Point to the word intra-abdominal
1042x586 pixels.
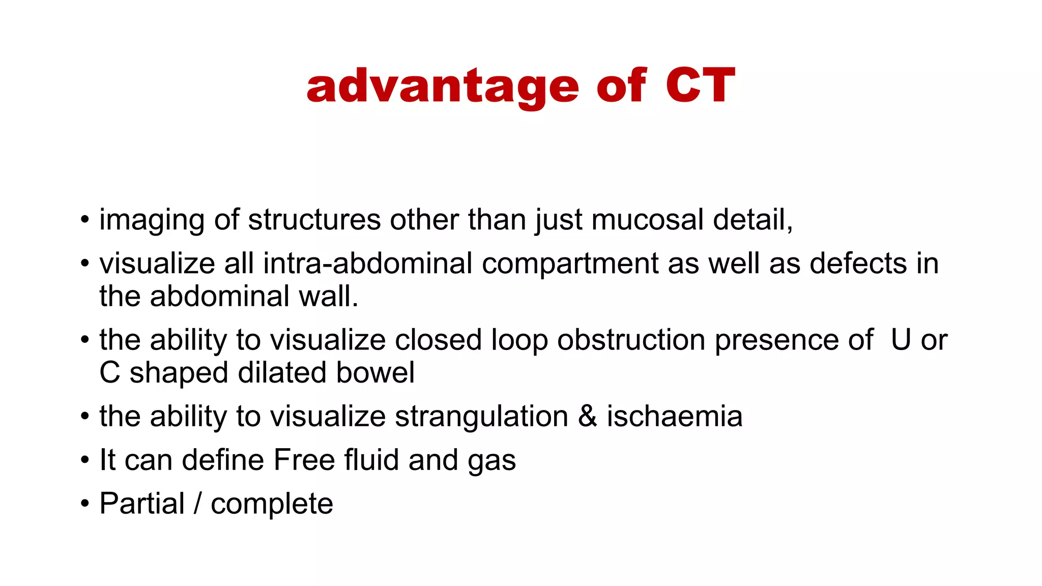368,263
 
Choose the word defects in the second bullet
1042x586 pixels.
858,263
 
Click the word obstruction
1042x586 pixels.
631,340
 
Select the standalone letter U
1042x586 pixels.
901,340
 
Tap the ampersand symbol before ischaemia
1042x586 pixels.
587,416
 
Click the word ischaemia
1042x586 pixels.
674,416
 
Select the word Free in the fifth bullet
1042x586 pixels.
304,460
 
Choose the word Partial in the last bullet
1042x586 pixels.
142,504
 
